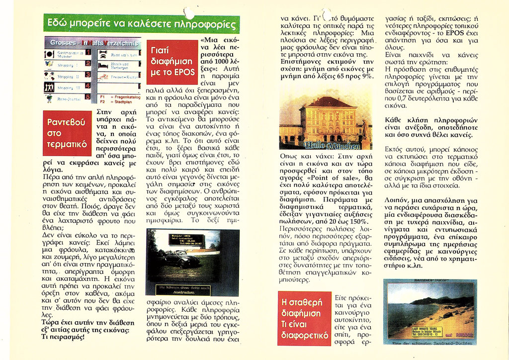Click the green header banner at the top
pos(141,23)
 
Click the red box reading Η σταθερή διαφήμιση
pos(304,318)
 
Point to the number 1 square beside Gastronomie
pos(87,52)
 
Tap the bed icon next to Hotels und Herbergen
pos(103,65)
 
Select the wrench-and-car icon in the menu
pos(103,53)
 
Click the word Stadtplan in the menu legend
pos(124,101)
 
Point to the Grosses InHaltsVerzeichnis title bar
pos(92,42)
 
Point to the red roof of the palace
pos(328,102)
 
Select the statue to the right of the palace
pos(365,129)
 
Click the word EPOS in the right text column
pos(454,33)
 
